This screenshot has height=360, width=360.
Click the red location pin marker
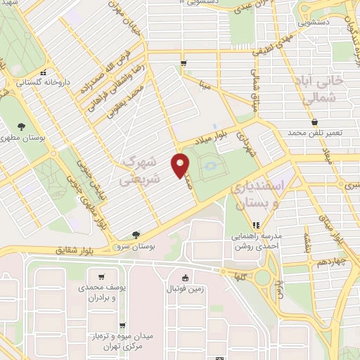click(x=181, y=165)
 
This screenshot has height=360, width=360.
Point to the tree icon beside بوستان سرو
click(x=136, y=235)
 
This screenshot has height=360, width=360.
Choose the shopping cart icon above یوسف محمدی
click(x=103, y=276)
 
